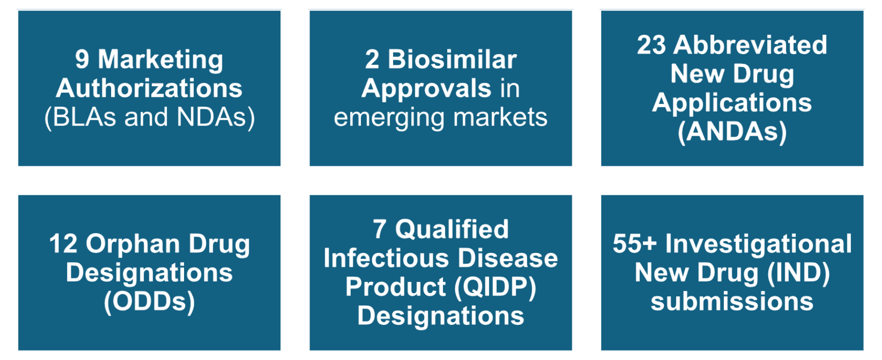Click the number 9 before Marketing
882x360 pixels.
82,59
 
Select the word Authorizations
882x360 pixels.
149,88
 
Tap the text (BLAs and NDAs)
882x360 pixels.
149,117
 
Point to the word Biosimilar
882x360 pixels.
452,59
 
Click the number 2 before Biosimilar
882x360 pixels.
372,59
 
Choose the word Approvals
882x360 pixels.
427,89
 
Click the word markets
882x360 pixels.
501,117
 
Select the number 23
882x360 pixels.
652,45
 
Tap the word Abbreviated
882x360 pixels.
750,45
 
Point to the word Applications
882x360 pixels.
732,104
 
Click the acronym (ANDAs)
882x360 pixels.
732,132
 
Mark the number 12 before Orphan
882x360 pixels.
63,244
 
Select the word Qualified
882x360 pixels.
452,230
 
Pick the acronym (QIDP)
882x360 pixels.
495,288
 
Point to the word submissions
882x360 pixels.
732,301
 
